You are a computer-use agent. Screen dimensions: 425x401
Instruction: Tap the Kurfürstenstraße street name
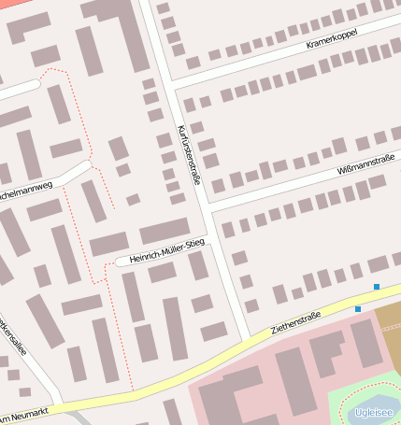(189, 154)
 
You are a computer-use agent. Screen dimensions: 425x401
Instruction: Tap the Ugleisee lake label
(374, 412)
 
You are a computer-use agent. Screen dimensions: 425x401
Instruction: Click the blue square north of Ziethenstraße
(377, 287)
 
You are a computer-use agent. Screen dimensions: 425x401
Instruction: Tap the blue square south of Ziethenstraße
(357, 309)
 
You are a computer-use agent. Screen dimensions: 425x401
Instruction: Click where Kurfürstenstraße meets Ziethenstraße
(248, 339)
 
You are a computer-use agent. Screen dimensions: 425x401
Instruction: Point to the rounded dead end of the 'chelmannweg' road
(87, 166)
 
